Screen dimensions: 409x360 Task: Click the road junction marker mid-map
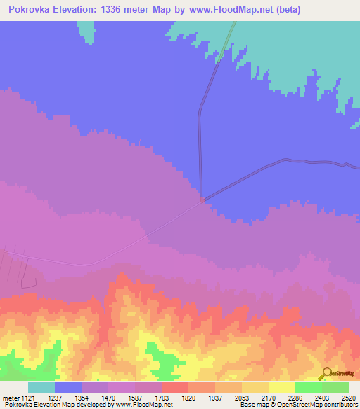coord(202,200)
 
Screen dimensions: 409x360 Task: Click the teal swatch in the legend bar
coord(41,387)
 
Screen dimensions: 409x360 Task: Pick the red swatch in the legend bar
coord(175,387)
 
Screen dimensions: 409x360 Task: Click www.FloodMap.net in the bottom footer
coord(144,405)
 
